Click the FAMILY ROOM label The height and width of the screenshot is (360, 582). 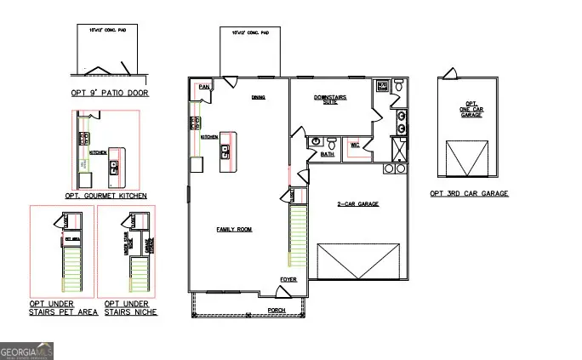coord(235,230)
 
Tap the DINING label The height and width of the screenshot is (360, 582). coord(258,97)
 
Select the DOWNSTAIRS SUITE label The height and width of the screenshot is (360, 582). coord(331,99)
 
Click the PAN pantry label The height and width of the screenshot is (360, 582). coord(203,87)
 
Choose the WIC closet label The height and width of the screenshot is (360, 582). coord(355,146)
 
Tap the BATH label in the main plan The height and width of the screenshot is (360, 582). coord(328,155)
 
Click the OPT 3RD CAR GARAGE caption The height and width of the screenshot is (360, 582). coord(469,194)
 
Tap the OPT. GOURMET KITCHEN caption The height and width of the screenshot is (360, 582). coord(106,196)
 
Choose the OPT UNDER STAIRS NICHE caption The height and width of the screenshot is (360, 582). coord(130,308)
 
